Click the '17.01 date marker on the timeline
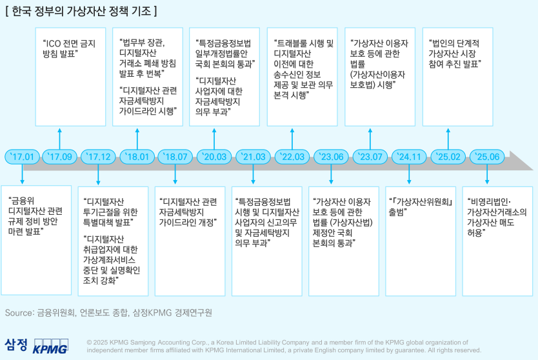(23, 157)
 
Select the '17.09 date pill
(60, 157)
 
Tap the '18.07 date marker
(176, 157)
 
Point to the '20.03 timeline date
(215, 157)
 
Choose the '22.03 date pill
(292, 157)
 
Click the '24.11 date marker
(409, 157)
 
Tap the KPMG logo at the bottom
(50, 346)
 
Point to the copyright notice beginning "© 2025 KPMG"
(284, 346)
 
